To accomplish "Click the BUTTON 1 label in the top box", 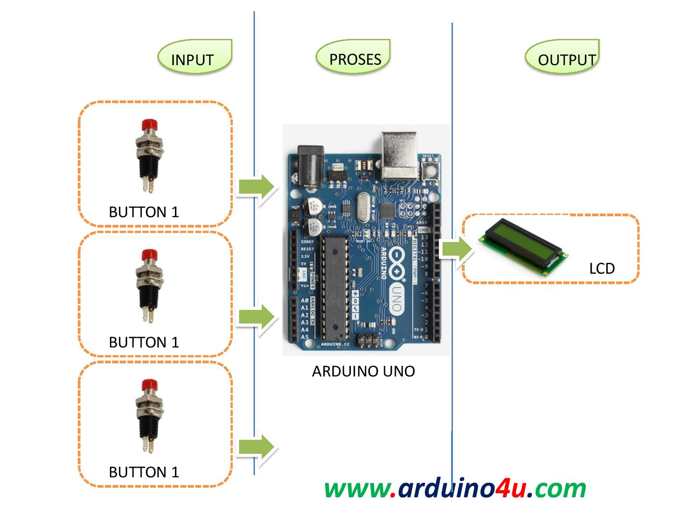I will tap(144, 212).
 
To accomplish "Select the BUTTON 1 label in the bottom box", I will tap(144, 472).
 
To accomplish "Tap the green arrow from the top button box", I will tap(256, 186).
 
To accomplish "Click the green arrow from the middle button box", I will tap(256, 317).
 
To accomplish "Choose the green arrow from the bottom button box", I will tap(256, 447).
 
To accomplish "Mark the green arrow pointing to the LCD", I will tap(456, 249).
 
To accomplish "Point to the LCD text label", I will tap(602, 269).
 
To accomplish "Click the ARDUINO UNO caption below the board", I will tap(363, 371).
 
